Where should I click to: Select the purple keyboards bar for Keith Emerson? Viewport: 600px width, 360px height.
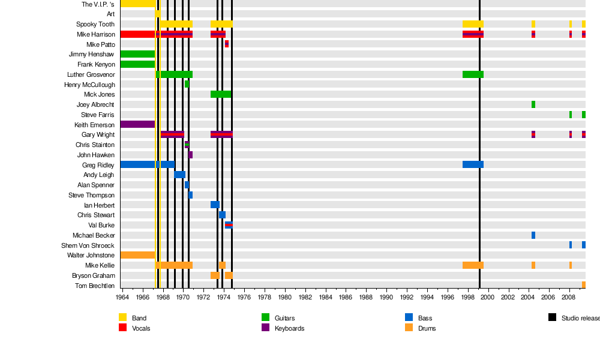pos(137,124)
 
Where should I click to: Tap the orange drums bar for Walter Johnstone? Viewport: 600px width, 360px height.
pos(137,255)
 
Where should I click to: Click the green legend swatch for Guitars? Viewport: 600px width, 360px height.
pos(265,317)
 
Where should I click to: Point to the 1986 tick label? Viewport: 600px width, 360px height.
pos(346,297)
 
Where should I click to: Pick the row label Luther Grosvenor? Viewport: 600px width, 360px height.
pos(91,74)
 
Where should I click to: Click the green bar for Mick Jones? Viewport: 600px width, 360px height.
pos(221,94)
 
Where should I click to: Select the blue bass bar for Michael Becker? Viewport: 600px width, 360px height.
pos(533,235)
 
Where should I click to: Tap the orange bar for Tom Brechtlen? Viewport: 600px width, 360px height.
pos(584,285)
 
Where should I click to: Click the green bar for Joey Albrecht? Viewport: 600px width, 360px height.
pos(533,104)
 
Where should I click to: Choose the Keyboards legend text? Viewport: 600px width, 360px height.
pos(289,328)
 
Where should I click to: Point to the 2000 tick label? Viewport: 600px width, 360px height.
pos(488,297)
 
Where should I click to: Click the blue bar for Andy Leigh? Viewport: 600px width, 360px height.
pos(179,175)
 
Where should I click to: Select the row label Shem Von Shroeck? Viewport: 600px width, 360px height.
pos(88,245)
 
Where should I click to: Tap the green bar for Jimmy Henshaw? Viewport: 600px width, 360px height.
pos(137,54)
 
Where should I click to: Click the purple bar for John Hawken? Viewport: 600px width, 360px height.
pos(190,155)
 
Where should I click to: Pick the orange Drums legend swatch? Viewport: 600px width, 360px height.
pos(409,328)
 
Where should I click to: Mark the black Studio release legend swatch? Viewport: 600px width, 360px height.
pos(552,317)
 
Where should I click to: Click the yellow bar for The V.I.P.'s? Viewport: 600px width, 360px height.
pos(137,4)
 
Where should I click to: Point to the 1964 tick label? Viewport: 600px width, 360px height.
pos(122,297)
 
